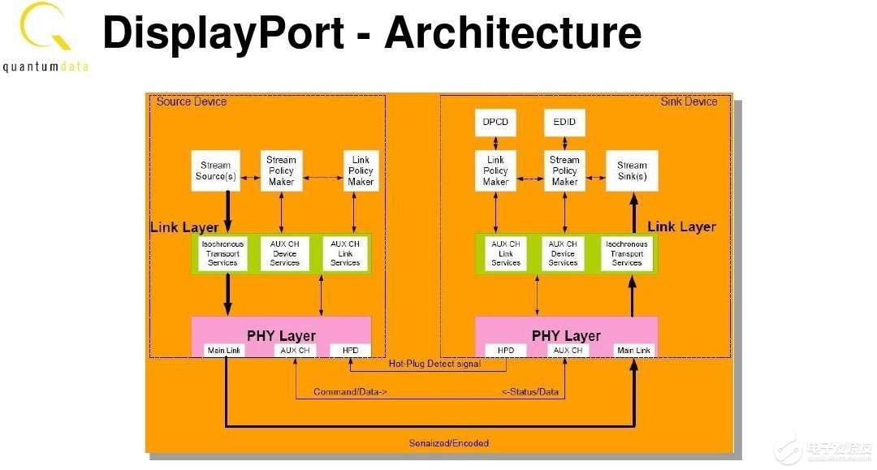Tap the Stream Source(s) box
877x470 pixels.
[x=215, y=170]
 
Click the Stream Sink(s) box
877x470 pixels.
[x=632, y=170]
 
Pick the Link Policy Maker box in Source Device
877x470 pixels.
[x=360, y=170]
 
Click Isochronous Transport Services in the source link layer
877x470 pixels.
[x=222, y=252]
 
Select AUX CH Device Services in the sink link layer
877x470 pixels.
[x=562, y=252]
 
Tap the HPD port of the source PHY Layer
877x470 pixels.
[x=350, y=350]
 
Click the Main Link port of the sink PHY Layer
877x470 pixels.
[x=633, y=350]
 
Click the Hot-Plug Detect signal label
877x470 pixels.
[x=434, y=364]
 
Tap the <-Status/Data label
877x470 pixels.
[x=530, y=393]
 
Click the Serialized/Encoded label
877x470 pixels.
[x=448, y=443]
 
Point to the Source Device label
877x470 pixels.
[x=192, y=101]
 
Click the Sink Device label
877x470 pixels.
[x=689, y=101]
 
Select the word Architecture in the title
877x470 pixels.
[x=512, y=32]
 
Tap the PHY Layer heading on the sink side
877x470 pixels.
[x=566, y=335]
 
